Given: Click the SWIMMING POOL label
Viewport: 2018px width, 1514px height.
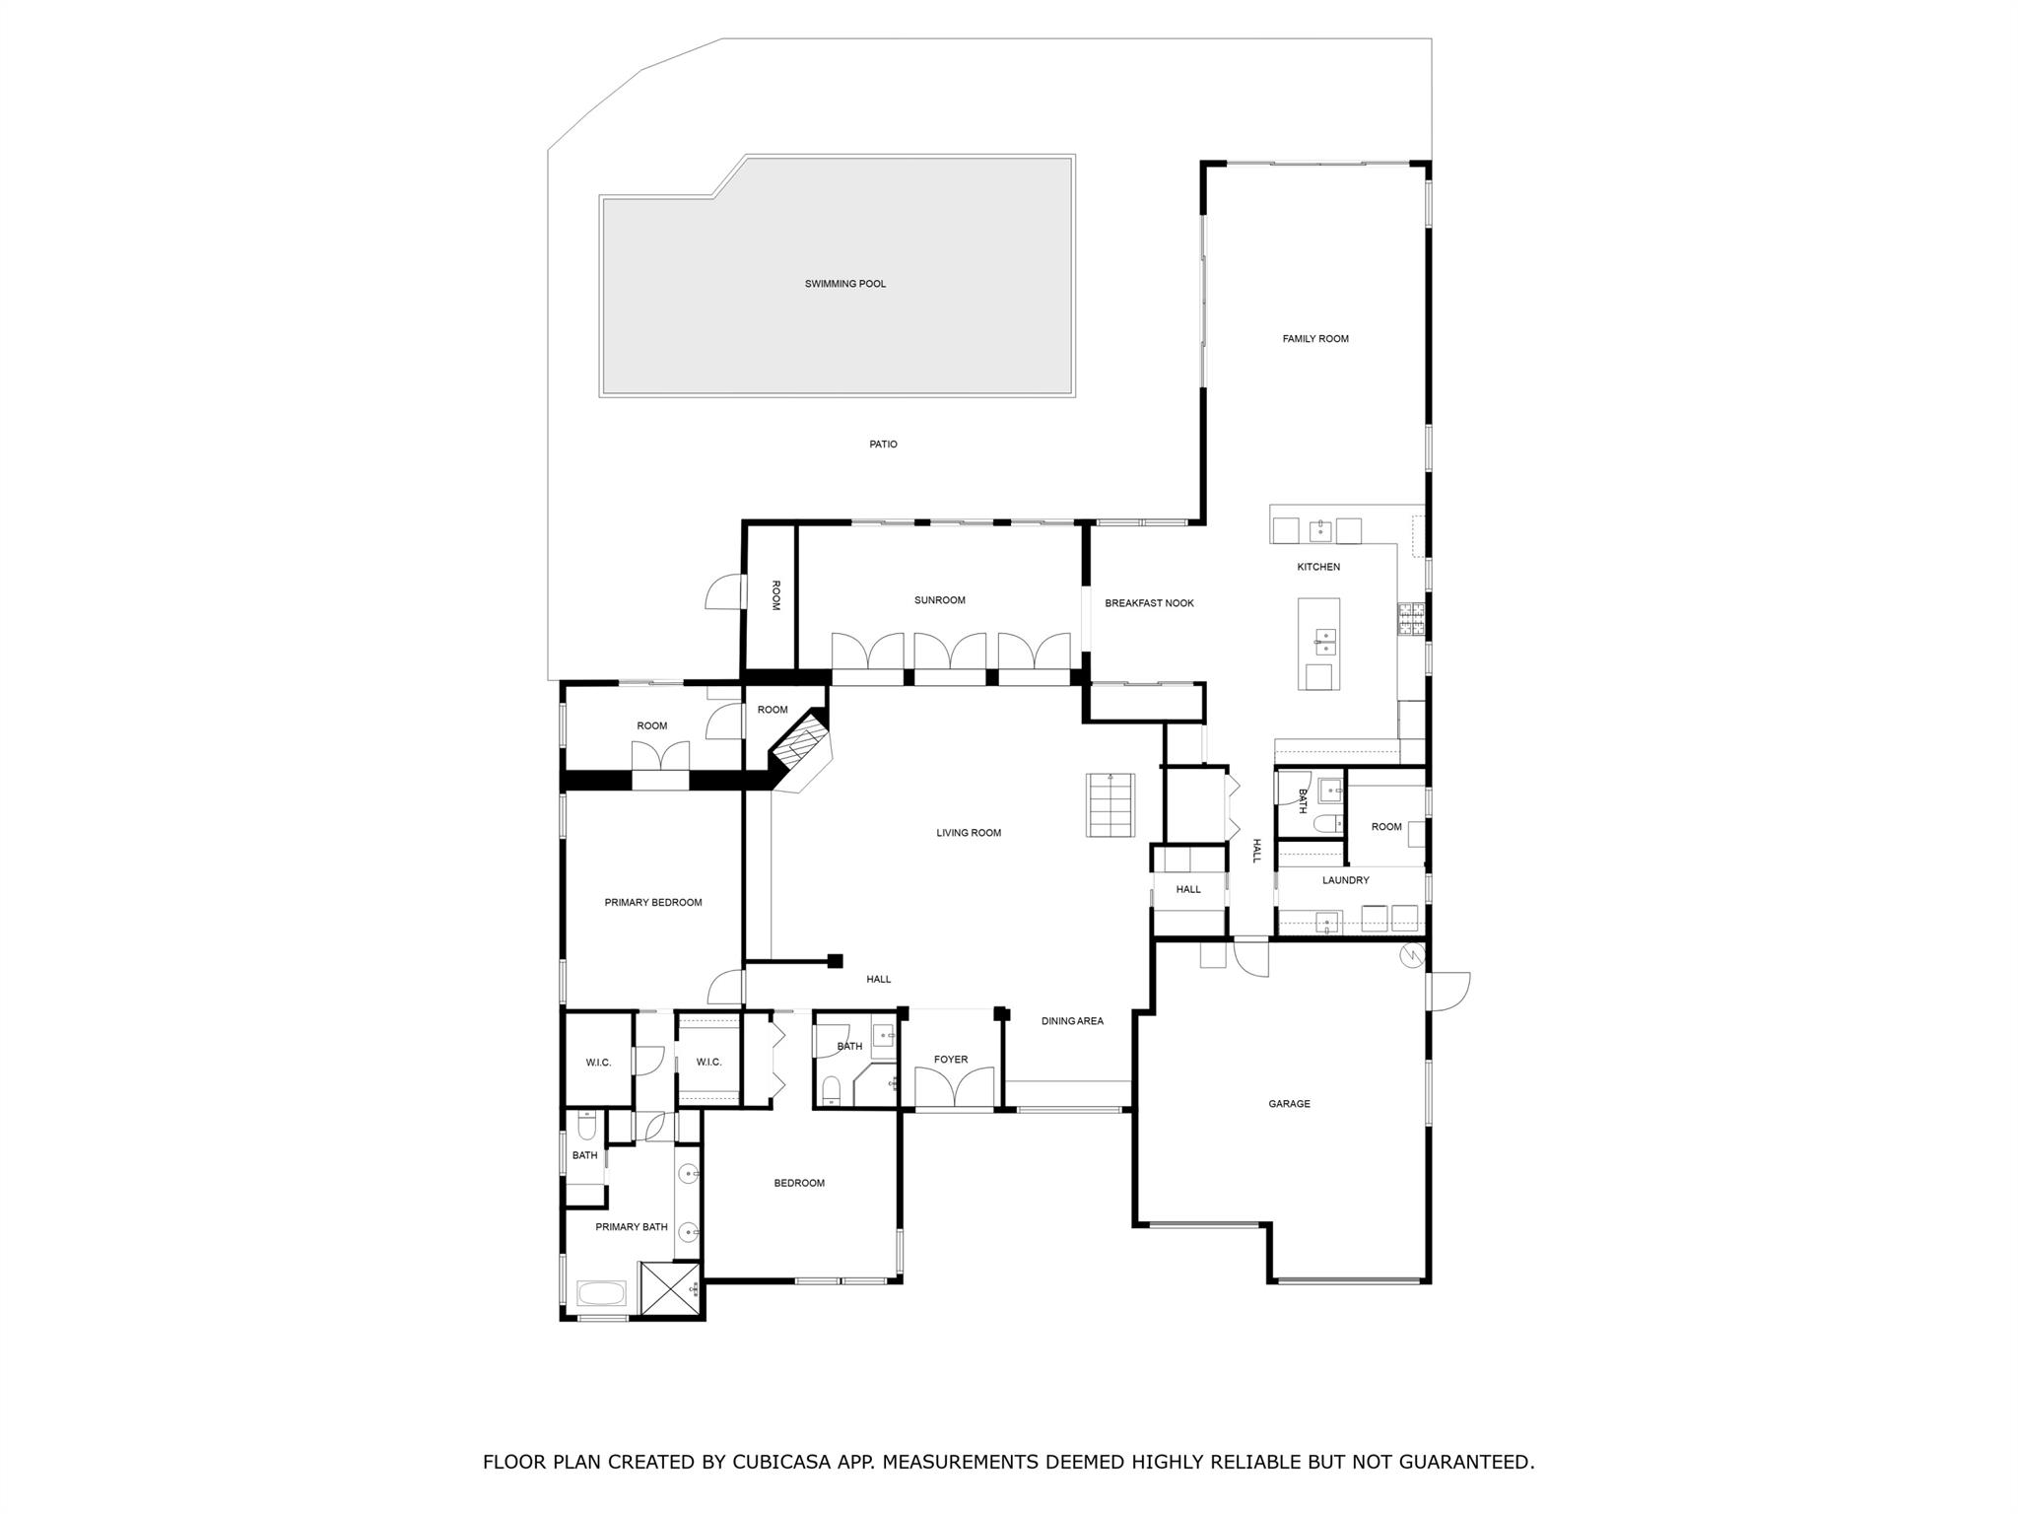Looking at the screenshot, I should click(844, 284).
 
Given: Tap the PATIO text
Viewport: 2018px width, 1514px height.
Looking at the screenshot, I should click(883, 445).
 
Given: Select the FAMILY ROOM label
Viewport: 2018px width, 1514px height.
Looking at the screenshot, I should click(1314, 339).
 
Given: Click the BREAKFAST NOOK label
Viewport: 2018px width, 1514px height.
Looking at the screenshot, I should click(1149, 603).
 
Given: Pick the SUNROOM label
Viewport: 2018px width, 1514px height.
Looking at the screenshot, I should click(939, 600).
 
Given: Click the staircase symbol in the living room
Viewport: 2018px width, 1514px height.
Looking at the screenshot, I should click(1110, 805).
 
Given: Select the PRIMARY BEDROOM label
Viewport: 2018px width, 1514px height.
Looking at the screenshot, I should click(652, 903).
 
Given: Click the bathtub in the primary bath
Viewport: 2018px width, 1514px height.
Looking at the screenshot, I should click(600, 1292).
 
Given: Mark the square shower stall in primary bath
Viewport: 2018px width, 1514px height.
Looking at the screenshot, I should click(669, 1287).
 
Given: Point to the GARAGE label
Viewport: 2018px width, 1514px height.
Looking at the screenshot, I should click(1289, 1104).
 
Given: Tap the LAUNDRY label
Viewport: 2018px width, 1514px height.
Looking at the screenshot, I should click(1345, 880).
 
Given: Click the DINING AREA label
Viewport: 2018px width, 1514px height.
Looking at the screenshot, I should click(1072, 1021).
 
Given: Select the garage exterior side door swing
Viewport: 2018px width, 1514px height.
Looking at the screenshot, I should click(1447, 991).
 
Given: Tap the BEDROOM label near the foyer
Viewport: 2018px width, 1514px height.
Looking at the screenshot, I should click(798, 1183).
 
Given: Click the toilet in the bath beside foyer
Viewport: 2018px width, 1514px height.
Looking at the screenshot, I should click(832, 1089).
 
